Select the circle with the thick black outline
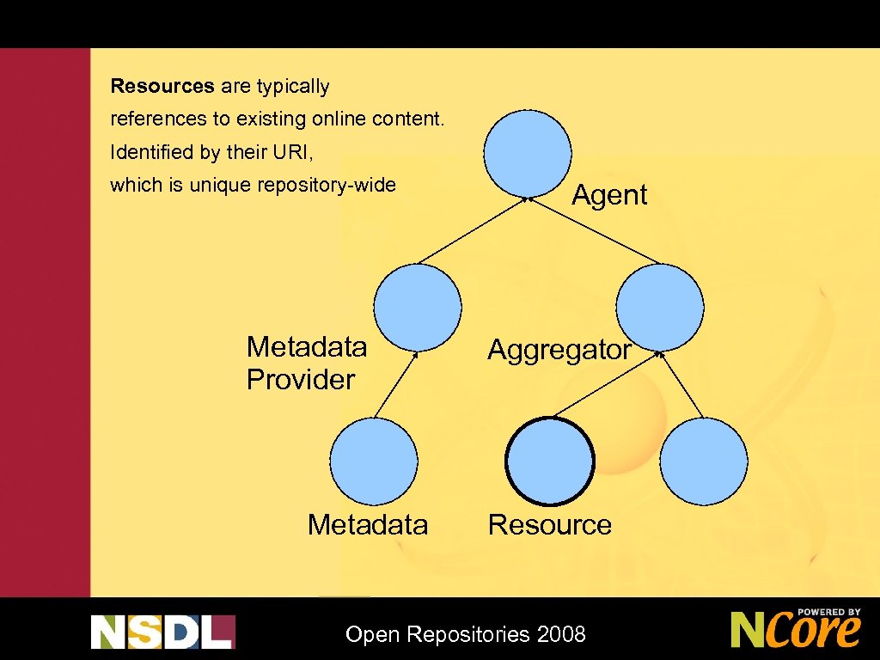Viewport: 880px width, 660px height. (x=550, y=461)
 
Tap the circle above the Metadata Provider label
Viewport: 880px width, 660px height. (x=418, y=307)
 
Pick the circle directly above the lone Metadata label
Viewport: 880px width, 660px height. (x=374, y=461)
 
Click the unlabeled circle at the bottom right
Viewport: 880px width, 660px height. (x=704, y=461)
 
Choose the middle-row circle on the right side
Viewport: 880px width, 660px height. (x=660, y=307)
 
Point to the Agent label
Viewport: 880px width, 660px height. (x=609, y=195)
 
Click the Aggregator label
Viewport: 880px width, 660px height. (x=559, y=350)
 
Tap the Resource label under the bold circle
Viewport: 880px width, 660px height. (x=550, y=524)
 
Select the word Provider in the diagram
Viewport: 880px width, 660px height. (x=301, y=379)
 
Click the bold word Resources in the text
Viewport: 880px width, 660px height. (x=162, y=86)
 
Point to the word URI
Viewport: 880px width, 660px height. (x=292, y=152)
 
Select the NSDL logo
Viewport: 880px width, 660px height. (x=162, y=631)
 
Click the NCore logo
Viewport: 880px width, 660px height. (x=796, y=628)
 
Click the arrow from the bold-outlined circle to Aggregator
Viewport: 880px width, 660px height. (x=607, y=383)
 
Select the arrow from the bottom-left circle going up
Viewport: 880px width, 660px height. (x=397, y=385)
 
